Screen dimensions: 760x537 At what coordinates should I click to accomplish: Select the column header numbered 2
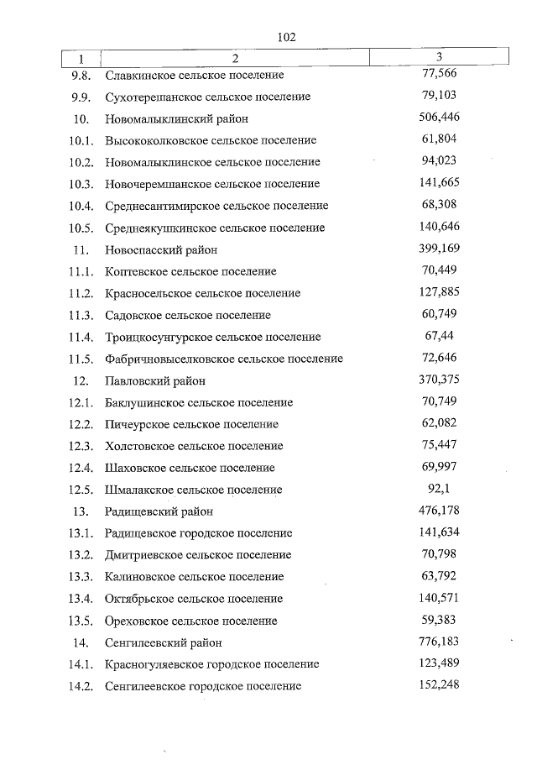(x=235, y=59)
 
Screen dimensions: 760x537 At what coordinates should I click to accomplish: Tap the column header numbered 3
(x=440, y=56)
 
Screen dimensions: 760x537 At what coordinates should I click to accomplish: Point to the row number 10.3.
(x=81, y=184)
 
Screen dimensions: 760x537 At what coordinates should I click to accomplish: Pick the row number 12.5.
(x=81, y=490)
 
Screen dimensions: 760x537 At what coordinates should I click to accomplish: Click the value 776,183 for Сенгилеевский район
(x=439, y=642)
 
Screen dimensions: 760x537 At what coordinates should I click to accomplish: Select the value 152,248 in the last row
(x=439, y=685)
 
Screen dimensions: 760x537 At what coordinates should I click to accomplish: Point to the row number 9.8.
(x=81, y=75)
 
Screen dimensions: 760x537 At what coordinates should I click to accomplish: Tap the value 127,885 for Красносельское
(x=439, y=292)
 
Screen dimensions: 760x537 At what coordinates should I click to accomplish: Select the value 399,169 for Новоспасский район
(x=439, y=249)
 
